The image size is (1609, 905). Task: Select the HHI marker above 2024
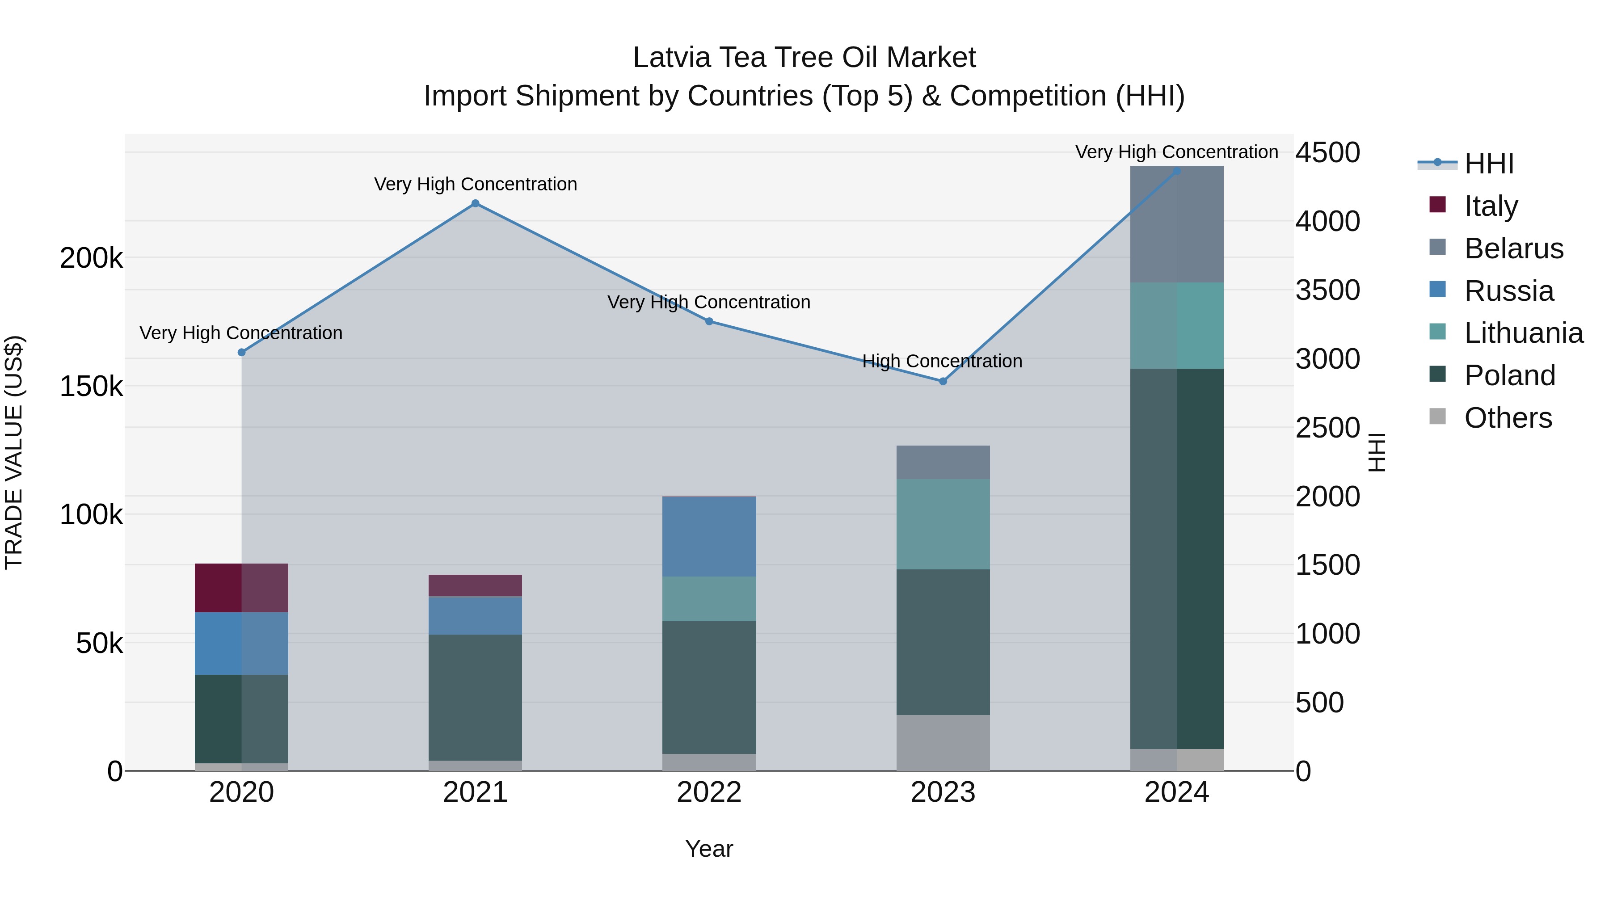1177,171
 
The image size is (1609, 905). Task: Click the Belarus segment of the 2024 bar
1177,224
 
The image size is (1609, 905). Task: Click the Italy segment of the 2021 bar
476,586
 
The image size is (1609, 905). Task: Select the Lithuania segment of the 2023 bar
943,524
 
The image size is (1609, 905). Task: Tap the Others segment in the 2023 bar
943,743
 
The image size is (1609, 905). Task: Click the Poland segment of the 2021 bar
476,697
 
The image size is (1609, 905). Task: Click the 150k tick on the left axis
91,387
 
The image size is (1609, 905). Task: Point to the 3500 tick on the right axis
1327,290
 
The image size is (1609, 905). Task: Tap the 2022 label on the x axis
709,792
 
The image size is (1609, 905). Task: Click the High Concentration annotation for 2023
942,361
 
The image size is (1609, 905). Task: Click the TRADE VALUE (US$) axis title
14,452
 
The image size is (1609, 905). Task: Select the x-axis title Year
709,849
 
